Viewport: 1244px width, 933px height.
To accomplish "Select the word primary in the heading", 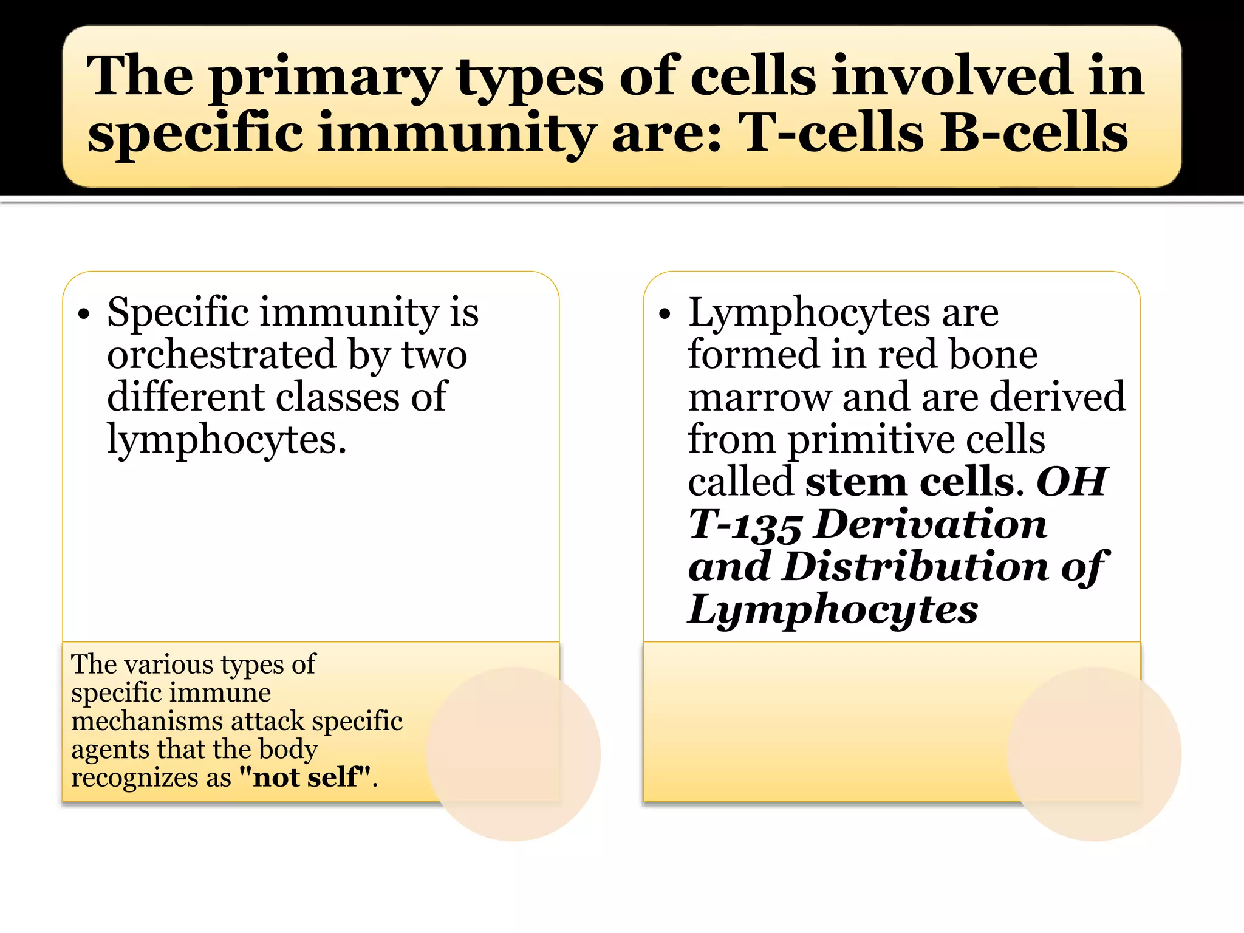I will [x=325, y=78].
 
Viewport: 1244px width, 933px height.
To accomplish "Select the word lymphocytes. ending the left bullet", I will [x=227, y=440].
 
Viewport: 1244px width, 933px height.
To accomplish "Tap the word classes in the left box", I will [x=338, y=398].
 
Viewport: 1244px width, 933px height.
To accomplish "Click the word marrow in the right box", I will [x=759, y=398].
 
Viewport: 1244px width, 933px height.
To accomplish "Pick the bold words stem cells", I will [x=910, y=483].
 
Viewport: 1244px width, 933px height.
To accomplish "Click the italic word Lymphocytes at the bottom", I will [x=833, y=610].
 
